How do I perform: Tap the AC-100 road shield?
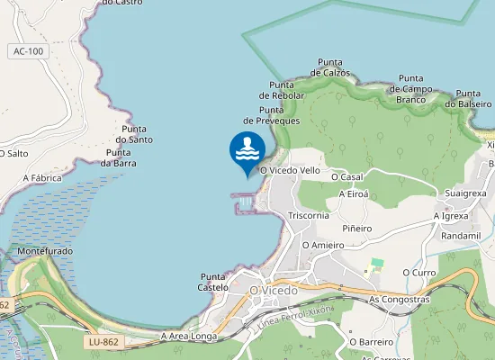click(x=29, y=51)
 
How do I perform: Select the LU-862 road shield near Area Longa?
click(x=105, y=342)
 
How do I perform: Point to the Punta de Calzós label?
click(x=328, y=67)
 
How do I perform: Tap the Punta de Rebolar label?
click(x=283, y=90)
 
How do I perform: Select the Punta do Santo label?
click(x=134, y=134)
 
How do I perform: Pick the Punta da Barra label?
click(x=119, y=157)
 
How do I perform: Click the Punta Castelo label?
click(x=212, y=282)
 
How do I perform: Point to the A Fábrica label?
click(x=42, y=178)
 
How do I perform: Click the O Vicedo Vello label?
click(x=290, y=170)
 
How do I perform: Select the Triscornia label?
click(x=309, y=216)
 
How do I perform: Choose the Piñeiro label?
click(x=357, y=229)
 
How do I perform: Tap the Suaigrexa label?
click(x=465, y=193)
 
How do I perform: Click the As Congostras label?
click(x=400, y=299)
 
